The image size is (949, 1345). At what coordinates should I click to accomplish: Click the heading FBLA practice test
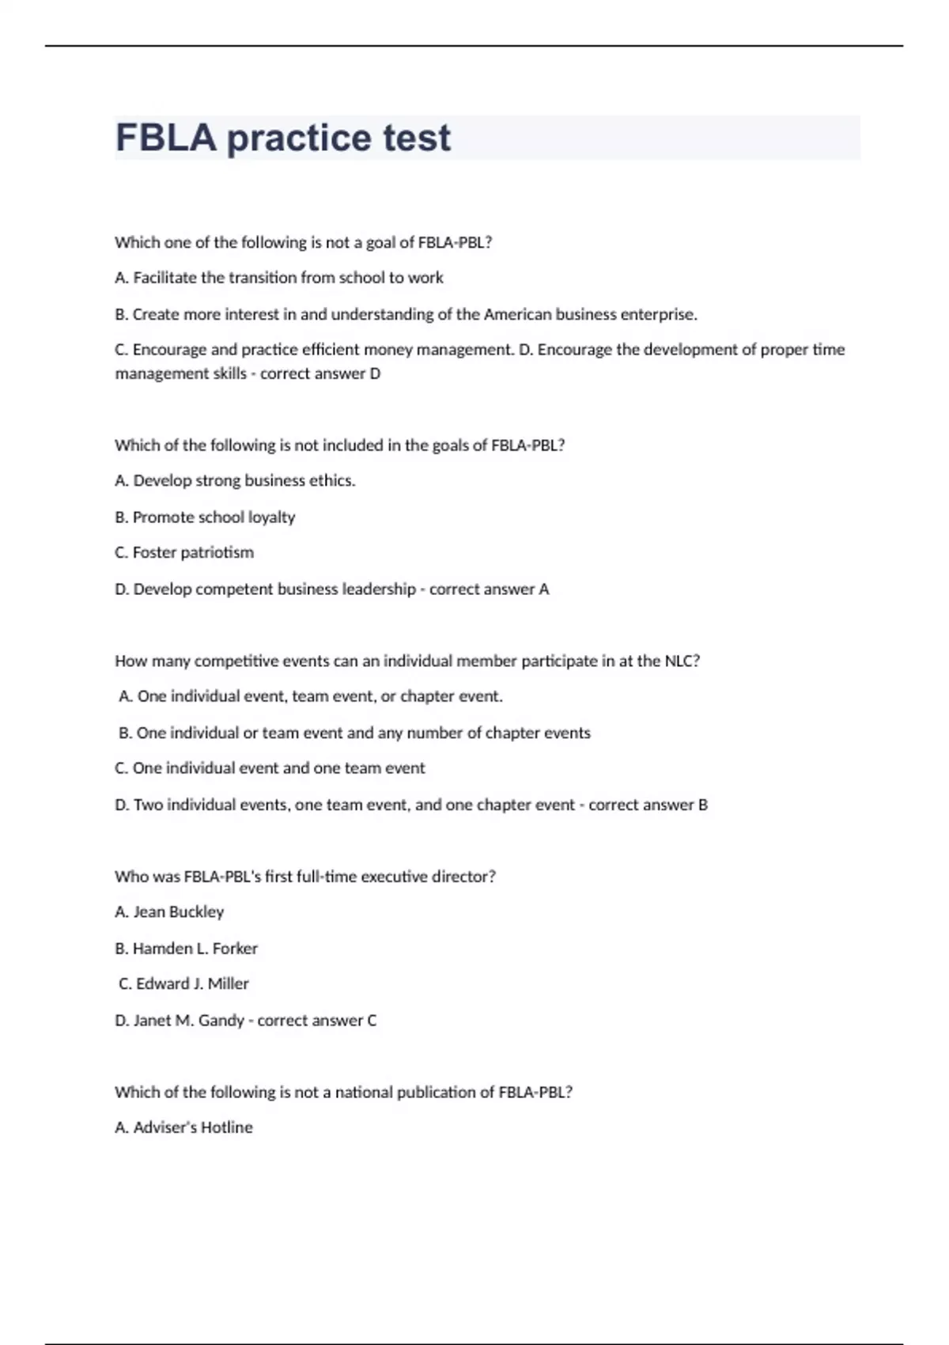click(282, 138)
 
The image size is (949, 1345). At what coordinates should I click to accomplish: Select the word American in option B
click(517, 314)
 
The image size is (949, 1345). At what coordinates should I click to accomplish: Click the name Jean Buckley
click(178, 911)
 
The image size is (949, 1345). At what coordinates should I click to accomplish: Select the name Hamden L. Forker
click(195, 948)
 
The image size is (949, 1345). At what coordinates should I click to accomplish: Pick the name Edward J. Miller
click(192, 983)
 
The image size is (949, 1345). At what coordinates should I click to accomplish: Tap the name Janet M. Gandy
click(188, 1020)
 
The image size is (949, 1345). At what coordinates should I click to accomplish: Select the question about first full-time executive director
click(305, 877)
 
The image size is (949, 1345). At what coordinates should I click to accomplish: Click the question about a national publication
click(343, 1092)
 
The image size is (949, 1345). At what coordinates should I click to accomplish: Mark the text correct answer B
click(648, 805)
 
